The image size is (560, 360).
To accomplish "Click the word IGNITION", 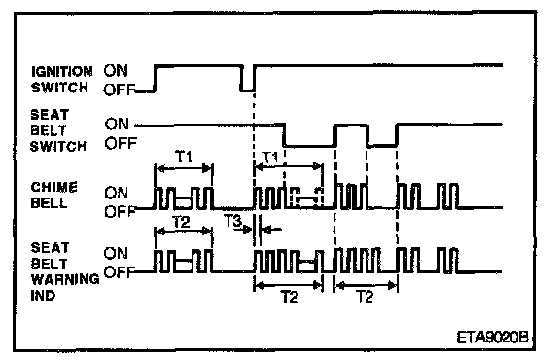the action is tap(62, 71).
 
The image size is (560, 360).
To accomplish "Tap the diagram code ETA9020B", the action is tap(493, 337).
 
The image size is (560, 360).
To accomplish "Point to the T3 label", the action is tap(233, 221).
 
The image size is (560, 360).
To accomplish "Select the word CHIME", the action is tap(53, 188).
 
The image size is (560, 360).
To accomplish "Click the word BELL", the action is tap(49, 203).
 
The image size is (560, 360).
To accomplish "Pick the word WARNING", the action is tap(65, 279).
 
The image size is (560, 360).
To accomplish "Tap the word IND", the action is tap(43, 296).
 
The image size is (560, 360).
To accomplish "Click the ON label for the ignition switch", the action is tap(116, 70).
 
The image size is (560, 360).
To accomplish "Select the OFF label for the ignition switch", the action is tap(119, 90).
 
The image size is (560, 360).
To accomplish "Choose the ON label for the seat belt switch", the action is tap(117, 124).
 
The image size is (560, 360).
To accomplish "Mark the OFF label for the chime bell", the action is tap(120, 212).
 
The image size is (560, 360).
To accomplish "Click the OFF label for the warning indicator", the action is tap(119, 272).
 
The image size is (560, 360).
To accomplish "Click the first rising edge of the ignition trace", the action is tap(155, 78).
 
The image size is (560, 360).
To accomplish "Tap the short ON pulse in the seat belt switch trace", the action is tap(351, 126).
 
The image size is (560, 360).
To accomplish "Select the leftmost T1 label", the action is tap(184, 157).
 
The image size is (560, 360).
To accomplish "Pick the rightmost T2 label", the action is tap(365, 297).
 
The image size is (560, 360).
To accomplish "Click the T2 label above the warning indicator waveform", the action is tap(182, 222).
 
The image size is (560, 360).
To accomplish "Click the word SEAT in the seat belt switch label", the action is tap(50, 115).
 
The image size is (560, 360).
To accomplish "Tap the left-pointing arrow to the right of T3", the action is tap(272, 230).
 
